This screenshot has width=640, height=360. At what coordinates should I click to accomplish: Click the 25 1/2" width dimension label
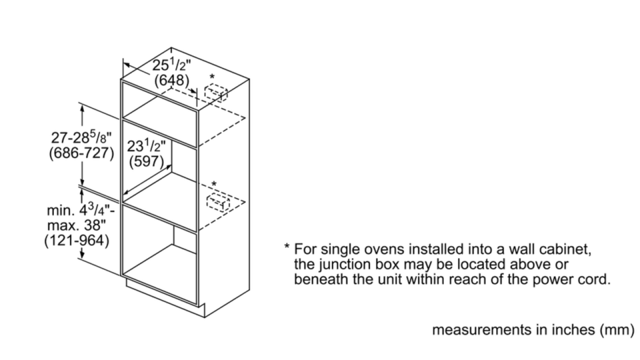coord(171,65)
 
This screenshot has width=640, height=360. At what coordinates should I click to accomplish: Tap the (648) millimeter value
coord(171,80)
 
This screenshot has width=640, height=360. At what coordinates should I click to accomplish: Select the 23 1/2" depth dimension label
coord(146,146)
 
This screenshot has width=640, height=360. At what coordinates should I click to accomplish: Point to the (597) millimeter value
coord(146,161)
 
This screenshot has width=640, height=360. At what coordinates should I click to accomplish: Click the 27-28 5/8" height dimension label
coord(81,137)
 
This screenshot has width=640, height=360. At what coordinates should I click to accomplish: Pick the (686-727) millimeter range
coord(81,153)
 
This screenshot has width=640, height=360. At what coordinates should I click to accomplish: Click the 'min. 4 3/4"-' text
coord(81,210)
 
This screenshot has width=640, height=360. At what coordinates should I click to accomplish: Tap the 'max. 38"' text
coord(76,225)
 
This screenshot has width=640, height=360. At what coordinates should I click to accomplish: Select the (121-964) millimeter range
coord(77,240)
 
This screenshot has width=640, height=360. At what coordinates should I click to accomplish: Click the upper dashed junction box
coord(216,93)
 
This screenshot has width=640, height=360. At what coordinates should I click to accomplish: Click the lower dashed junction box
coord(218,203)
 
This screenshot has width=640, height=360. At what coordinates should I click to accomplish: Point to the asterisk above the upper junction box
coord(212,76)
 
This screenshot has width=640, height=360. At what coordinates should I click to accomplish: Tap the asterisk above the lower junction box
coord(213,184)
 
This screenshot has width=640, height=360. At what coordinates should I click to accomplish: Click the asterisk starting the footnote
coord(287,247)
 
